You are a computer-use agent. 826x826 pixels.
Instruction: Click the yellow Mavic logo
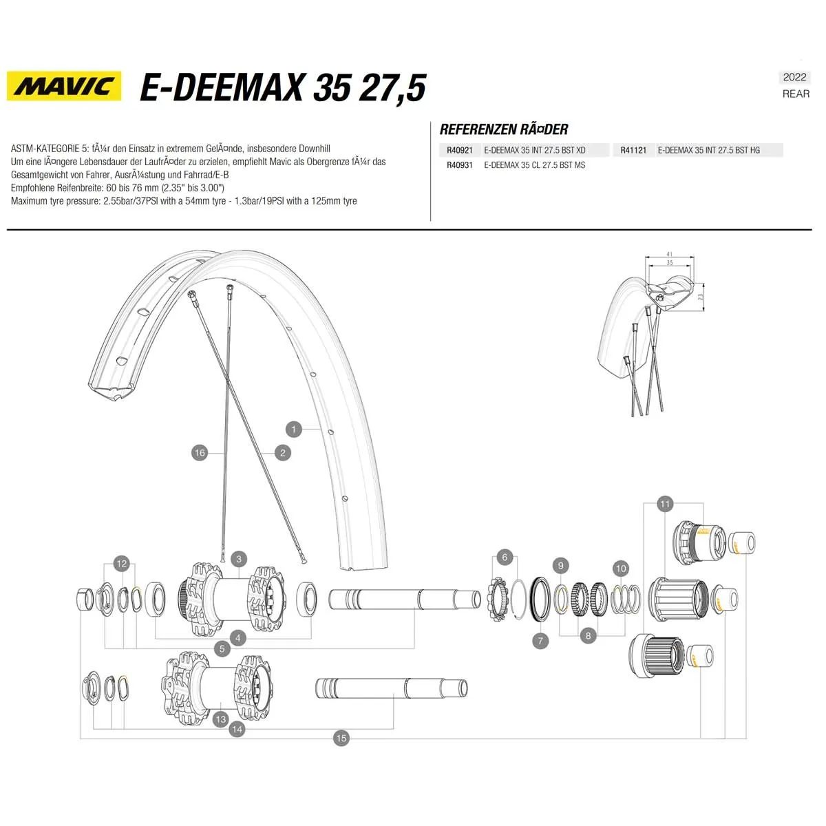tap(64, 86)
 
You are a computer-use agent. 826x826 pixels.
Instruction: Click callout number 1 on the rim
tap(293, 429)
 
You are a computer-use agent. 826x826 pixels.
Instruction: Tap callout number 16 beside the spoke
tap(200, 452)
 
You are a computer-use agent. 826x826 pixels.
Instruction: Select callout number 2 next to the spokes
tap(282, 452)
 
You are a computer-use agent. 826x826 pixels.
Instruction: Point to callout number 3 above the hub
tap(239, 559)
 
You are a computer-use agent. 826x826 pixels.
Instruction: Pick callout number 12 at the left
tap(122, 564)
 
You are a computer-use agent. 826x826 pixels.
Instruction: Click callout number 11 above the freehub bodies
tap(664, 504)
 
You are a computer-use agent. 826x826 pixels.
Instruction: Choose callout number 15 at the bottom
tap(341, 738)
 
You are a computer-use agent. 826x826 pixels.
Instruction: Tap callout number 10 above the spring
tap(621, 568)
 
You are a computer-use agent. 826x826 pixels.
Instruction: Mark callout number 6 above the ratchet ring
tap(505, 558)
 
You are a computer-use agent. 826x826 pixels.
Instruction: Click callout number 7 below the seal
tap(540, 641)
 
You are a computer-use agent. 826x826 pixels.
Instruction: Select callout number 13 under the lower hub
tap(220, 719)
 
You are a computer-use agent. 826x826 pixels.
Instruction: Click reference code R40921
tap(459, 150)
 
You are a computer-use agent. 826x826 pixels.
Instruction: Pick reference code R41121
tap(633, 150)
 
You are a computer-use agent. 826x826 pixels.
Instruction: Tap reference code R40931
tap(459, 165)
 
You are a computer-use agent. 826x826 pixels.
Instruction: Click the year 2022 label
tap(794, 77)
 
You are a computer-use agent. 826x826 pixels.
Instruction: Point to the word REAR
tap(796, 94)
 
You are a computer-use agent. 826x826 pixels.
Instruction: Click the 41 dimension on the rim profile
tap(670, 255)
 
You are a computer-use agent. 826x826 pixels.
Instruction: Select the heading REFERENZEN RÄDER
tap(504, 129)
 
